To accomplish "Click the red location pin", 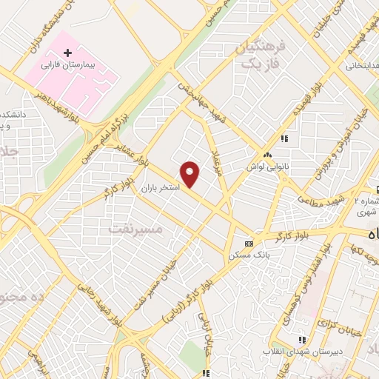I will pos(191,174).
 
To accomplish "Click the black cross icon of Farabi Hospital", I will pos(68,53).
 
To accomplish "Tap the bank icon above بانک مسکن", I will pos(249,243).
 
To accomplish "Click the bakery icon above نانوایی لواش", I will pos(267,154).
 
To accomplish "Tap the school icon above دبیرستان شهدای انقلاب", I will pos(301,338).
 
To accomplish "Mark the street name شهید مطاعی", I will pos(322,195).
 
